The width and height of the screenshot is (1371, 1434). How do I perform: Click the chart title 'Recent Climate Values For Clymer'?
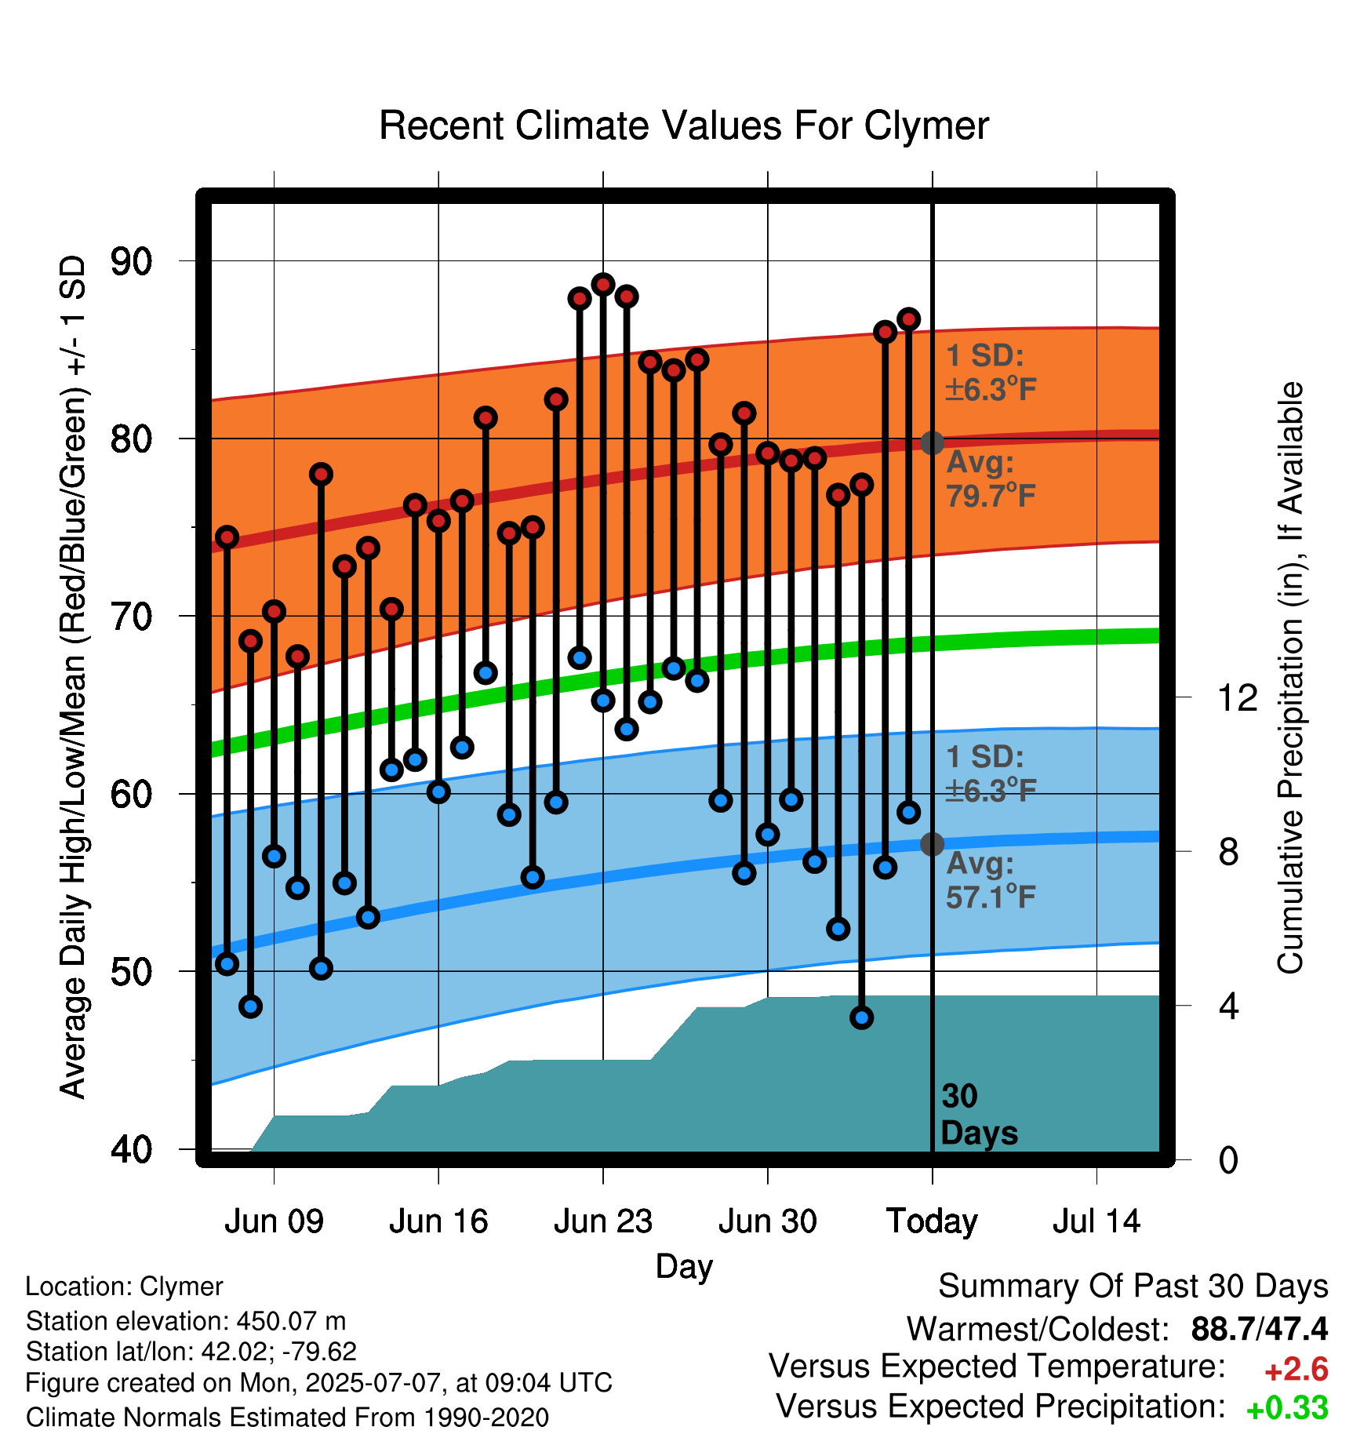684,126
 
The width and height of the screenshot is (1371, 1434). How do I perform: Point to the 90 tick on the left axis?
132,261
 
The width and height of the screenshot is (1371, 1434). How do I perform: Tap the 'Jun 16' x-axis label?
438,1221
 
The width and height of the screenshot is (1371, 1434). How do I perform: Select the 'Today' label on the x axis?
932,1222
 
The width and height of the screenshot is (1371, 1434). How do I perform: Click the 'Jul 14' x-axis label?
1096,1221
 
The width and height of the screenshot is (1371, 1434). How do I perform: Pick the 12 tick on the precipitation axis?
1238,697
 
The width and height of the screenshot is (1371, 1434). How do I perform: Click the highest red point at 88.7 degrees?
603,284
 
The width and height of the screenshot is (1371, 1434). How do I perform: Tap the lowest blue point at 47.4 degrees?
862,1017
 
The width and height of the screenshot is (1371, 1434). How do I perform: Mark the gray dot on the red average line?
932,442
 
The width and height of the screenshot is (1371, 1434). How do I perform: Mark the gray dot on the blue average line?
932,844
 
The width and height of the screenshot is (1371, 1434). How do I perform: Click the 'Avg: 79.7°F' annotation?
991,479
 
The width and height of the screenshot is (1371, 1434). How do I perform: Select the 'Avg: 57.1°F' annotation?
991,880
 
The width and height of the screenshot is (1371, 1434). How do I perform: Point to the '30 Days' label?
979,1115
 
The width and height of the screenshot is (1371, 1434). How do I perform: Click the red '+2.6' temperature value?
1296,1370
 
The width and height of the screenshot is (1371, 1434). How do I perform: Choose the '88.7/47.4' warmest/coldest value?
1260,1329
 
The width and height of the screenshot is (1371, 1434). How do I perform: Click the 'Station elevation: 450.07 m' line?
186,1321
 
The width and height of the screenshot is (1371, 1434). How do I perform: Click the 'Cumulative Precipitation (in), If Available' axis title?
1290,678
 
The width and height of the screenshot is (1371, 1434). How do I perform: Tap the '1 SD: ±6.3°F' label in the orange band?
991,373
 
